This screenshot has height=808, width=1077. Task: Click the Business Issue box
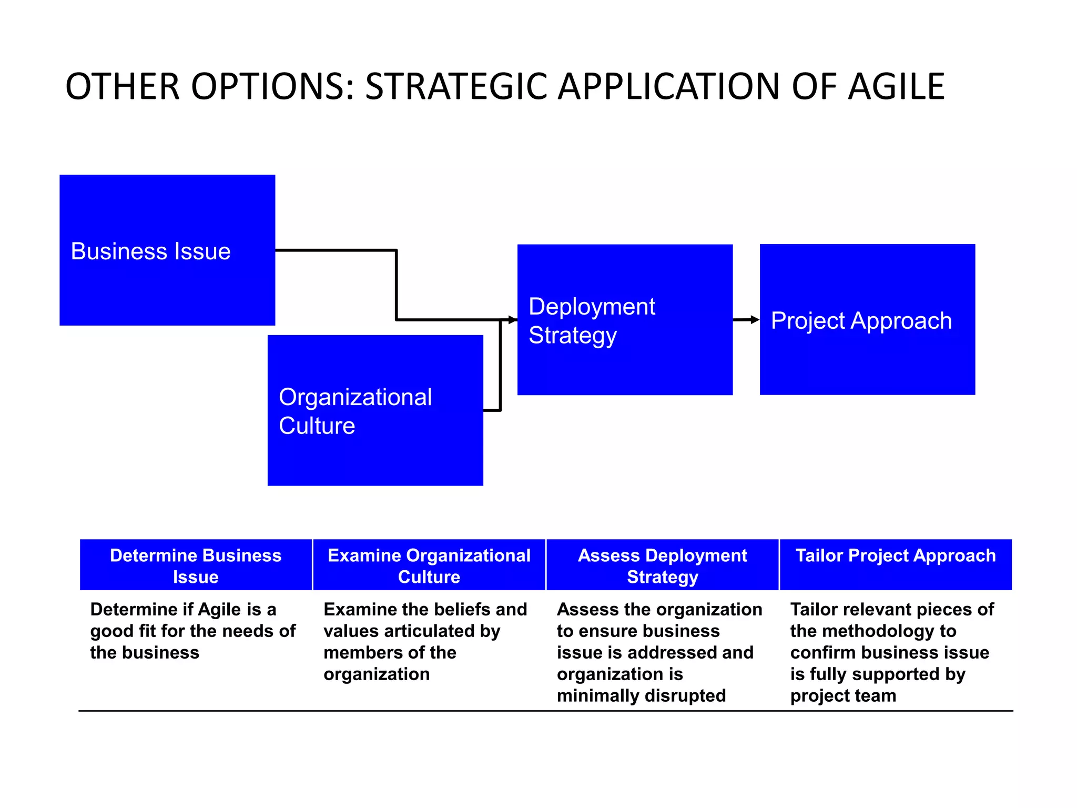tap(167, 250)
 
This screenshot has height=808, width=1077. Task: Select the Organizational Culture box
tap(375, 410)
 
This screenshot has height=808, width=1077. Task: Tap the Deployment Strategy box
tap(625, 319)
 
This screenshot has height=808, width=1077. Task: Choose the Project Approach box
tap(867, 319)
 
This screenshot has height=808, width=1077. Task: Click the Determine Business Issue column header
tap(196, 565)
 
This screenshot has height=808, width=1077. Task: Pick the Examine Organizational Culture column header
tap(429, 565)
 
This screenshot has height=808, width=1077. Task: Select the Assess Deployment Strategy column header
tap(662, 565)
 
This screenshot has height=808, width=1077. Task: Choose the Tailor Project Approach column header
tap(896, 556)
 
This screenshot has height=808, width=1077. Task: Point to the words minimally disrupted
tap(641, 695)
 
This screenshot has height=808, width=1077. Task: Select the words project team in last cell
tap(843, 695)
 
